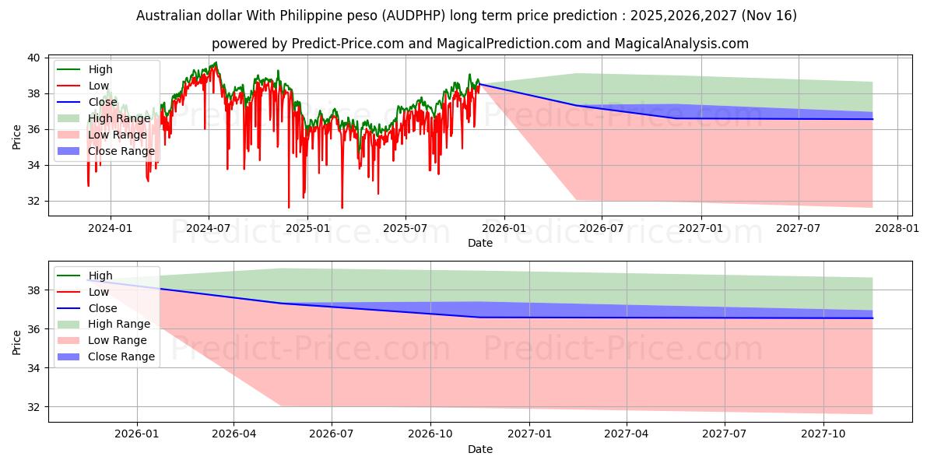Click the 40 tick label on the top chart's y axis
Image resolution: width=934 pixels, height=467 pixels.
tap(33, 58)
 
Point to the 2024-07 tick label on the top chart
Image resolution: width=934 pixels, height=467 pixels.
tap(209, 227)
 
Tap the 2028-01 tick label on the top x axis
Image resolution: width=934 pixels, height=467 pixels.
tap(897, 227)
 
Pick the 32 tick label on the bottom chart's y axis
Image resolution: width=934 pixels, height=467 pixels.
tap(33, 407)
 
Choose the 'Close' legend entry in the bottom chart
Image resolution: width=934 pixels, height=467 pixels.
tap(104, 308)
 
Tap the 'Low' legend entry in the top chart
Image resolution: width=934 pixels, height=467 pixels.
tap(99, 86)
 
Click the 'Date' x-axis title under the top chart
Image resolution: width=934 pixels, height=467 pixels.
tap(479, 243)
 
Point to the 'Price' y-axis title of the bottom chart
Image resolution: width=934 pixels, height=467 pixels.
tap(17, 341)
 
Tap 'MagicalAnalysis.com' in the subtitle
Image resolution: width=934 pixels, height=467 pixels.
tap(681, 44)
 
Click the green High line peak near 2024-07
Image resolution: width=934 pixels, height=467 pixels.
tap(216, 62)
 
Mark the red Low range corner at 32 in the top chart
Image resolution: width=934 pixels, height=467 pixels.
tap(577, 200)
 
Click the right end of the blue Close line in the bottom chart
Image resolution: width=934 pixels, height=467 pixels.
tap(873, 318)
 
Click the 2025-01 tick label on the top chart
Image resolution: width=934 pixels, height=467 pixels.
tap(307, 227)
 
